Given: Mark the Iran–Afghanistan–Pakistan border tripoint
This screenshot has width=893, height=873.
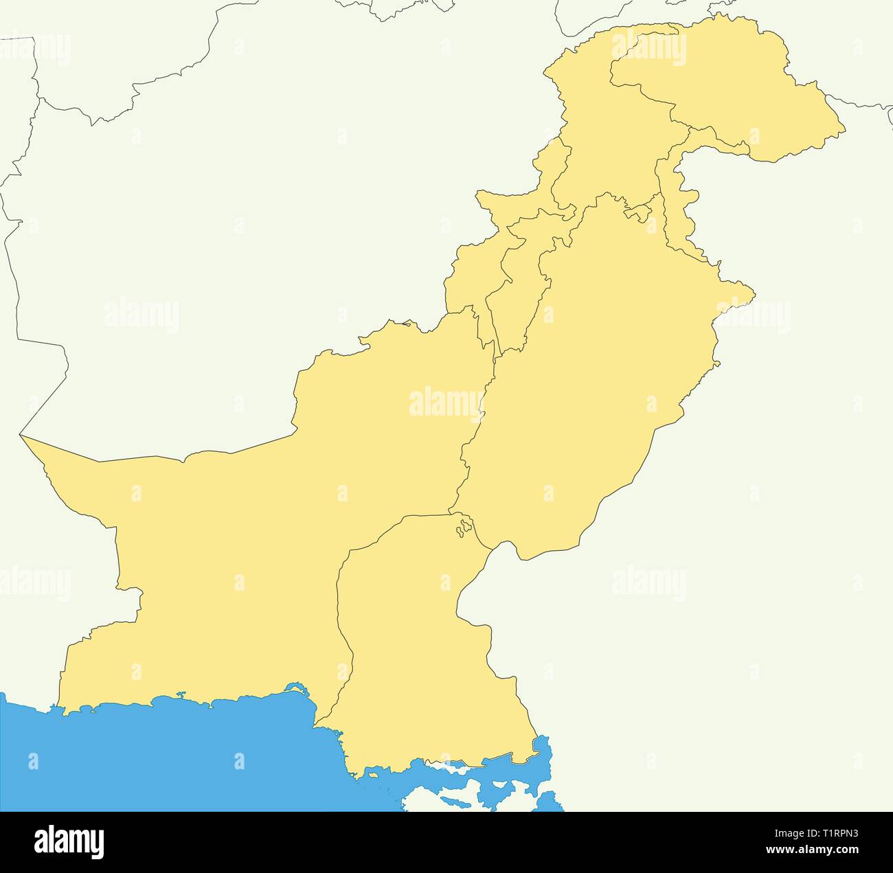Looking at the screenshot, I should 21,435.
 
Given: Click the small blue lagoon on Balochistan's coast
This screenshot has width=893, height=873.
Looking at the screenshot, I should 295,688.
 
